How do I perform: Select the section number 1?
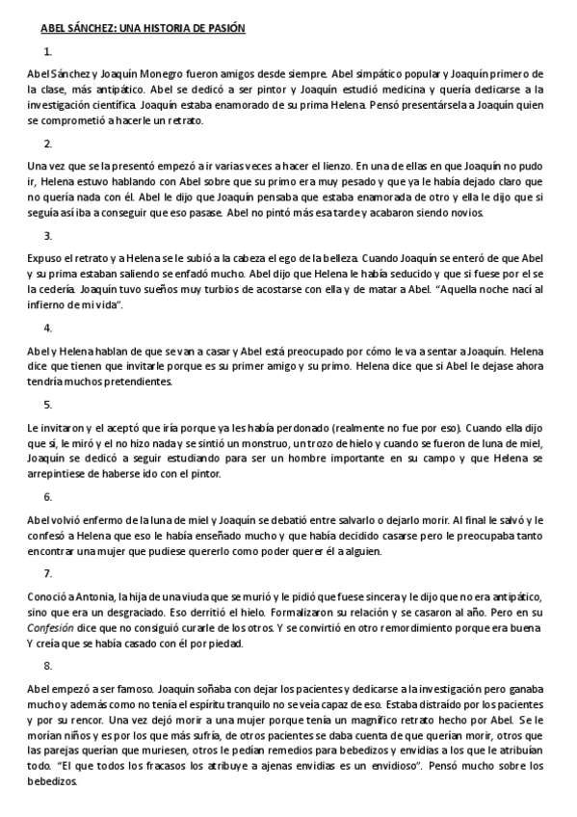(x=48, y=52)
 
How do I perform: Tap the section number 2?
(x=48, y=144)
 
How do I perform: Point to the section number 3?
(x=48, y=235)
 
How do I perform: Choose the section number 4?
(x=48, y=327)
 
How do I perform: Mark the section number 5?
(x=48, y=405)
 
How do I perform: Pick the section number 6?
(x=48, y=496)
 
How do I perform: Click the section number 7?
(x=48, y=574)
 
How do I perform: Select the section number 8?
(x=48, y=665)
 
